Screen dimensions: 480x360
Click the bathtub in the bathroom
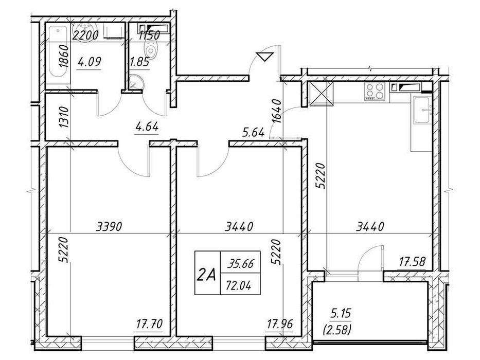tap(58, 55)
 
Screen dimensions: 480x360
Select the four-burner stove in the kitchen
tap(375, 91)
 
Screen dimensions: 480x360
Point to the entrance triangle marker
tap(265, 57)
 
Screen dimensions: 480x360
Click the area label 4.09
tap(89, 62)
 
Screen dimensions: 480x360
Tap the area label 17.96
tap(280, 324)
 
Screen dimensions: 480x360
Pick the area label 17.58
tap(412, 261)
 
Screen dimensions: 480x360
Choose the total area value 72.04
tap(239, 285)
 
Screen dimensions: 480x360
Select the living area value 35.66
tap(240, 263)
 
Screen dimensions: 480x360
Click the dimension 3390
tap(109, 226)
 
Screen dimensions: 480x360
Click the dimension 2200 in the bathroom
tap(85, 35)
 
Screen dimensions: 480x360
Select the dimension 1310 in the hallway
tap(64, 117)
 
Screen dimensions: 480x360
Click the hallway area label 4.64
tap(147, 126)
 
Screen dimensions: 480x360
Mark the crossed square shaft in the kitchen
tap(321, 94)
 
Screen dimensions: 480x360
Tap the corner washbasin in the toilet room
tap(135, 82)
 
